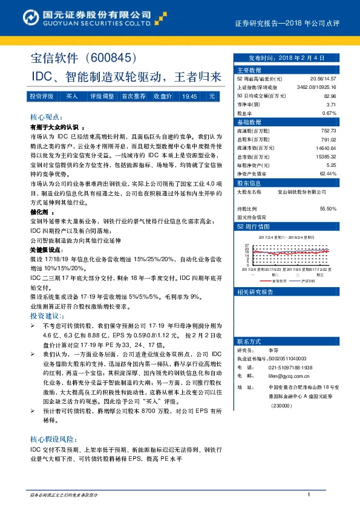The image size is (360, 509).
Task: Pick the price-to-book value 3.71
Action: (331, 105)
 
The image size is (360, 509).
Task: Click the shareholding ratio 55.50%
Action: (328, 209)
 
